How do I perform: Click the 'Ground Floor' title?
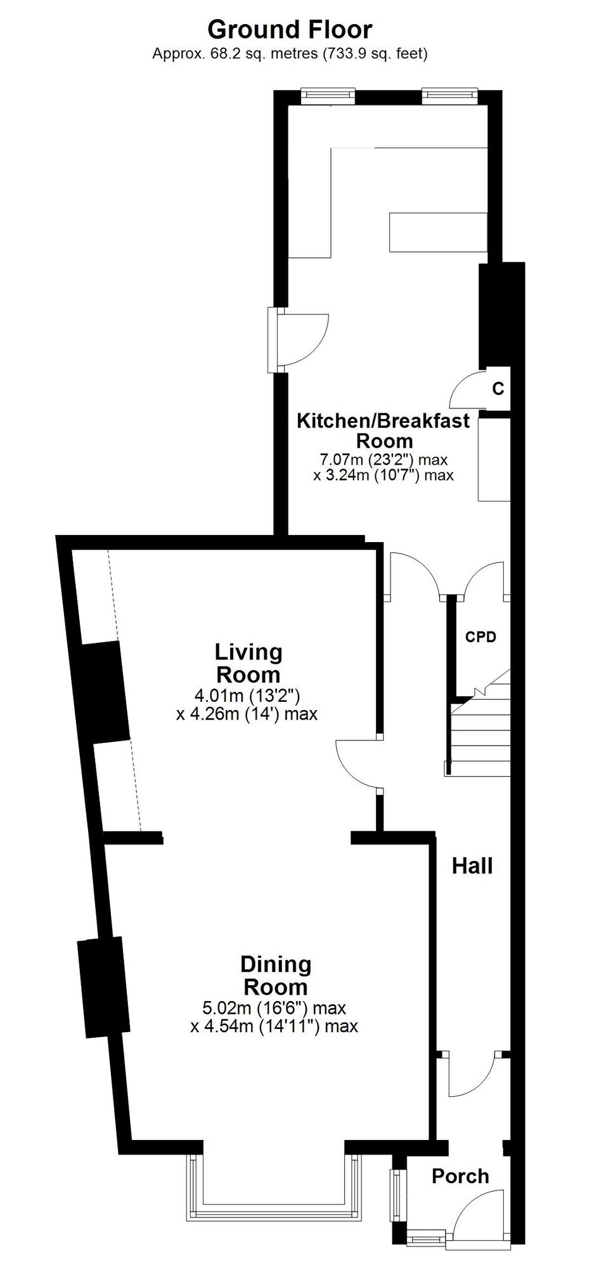point(290,29)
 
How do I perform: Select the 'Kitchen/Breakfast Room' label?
point(384,430)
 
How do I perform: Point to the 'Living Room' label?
point(248,663)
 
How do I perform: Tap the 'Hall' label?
point(472,865)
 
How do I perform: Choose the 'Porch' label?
point(460,1158)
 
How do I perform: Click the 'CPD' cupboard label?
point(480,637)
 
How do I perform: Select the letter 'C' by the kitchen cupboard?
point(498,389)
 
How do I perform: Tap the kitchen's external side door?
point(298,340)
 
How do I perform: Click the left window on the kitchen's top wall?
point(327,96)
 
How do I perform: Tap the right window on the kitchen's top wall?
point(449,96)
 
